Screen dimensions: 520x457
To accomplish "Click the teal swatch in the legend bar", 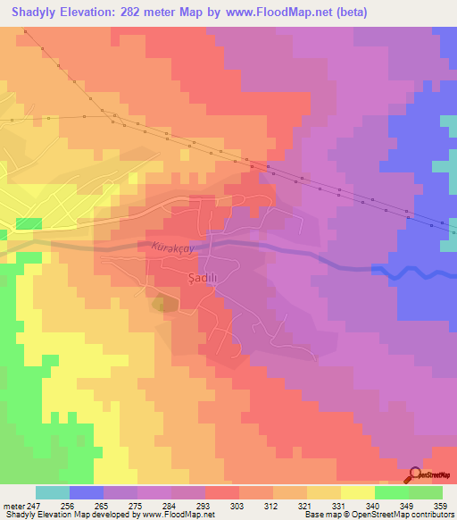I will point(53,492).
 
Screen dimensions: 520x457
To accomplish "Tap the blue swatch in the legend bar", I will point(87,492).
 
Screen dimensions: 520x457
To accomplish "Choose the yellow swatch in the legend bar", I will point(358,492).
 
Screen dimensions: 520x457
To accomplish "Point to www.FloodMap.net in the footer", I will point(183,515).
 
